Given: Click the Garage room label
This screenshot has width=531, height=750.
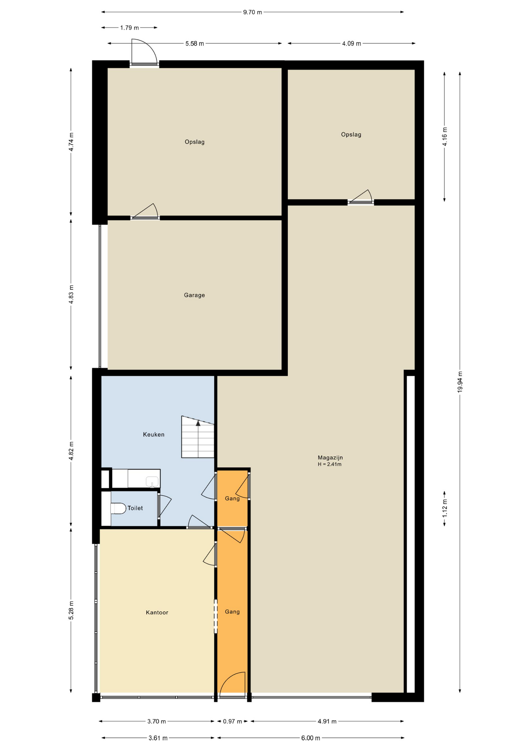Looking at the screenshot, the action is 194,295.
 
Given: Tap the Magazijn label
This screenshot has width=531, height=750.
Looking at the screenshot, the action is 330,457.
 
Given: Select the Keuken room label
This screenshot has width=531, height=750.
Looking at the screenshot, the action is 154,434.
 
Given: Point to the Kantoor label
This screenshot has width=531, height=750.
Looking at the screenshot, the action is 157,612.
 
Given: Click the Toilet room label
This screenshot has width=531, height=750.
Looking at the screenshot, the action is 135,508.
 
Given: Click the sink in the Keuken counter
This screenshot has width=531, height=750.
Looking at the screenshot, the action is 152,482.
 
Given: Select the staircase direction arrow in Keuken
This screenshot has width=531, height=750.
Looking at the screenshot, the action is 198,423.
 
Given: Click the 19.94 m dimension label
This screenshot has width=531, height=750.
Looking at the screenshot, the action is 460,382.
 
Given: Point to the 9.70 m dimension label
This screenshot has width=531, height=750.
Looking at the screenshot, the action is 252,12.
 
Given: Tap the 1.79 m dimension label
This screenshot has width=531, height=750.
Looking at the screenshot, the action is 129,28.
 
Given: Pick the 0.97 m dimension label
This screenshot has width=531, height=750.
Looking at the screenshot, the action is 233,721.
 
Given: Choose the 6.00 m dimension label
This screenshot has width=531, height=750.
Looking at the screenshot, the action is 310,738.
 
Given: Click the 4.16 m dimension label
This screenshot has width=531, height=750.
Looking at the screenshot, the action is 445,137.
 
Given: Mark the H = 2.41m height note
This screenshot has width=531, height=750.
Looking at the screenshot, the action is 330,464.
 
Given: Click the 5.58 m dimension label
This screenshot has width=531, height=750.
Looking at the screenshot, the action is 195,44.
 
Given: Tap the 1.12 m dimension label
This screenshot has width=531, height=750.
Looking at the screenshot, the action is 445,509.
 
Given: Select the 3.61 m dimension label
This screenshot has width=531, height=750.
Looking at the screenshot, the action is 158,738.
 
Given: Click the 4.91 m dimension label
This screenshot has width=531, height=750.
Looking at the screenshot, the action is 327,721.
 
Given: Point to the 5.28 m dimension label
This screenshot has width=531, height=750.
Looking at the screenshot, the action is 71,610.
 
